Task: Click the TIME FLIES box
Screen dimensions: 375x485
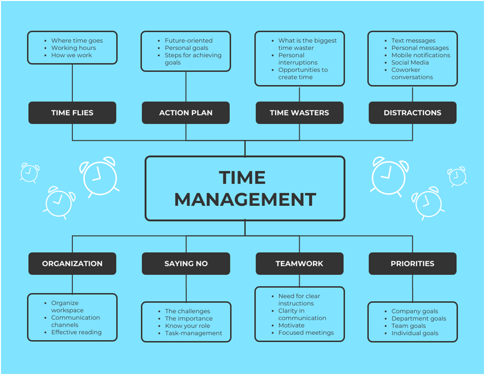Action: (x=72, y=113)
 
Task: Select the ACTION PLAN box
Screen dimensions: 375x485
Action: (x=186, y=113)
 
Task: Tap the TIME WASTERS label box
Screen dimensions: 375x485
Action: (x=299, y=113)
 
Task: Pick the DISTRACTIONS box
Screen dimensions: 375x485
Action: (x=412, y=113)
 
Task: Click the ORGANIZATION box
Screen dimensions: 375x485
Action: (x=72, y=264)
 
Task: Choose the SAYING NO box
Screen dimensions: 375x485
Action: (x=186, y=264)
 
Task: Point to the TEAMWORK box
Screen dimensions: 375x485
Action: (x=299, y=264)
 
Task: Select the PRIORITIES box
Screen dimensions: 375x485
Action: (x=412, y=264)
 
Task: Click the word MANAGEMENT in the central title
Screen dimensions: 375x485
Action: (x=245, y=200)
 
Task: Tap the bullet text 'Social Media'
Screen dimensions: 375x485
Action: (x=410, y=62)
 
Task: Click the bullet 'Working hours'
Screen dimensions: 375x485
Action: (x=73, y=48)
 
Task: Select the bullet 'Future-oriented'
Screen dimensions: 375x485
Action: (x=188, y=41)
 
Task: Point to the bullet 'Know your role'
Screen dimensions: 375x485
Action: (x=187, y=326)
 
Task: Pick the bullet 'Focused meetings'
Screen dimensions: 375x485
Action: (x=306, y=333)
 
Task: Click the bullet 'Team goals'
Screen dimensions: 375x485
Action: (x=408, y=326)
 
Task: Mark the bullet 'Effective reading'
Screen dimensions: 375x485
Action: (x=76, y=332)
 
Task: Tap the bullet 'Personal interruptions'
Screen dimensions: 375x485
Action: (x=298, y=59)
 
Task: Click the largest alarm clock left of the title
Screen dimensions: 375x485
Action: (x=99, y=176)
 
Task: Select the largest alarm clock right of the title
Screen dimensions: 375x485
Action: (x=389, y=175)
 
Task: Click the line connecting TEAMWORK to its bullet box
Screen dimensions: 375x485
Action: (x=299, y=280)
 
